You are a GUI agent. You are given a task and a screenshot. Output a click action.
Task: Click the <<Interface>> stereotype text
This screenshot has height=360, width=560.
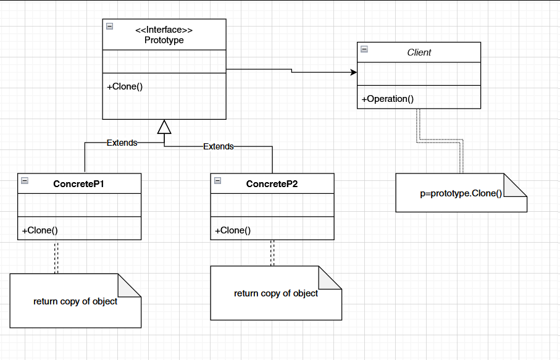(164, 30)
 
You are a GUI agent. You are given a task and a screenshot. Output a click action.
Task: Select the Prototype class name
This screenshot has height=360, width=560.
(164, 40)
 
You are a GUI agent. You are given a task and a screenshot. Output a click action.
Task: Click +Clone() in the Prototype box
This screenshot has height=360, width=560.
(125, 86)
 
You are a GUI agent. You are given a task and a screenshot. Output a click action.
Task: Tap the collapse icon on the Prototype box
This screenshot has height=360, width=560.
(109, 26)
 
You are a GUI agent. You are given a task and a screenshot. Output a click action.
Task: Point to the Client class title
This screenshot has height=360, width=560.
(419, 52)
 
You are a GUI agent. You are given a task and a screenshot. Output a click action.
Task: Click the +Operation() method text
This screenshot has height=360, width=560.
(387, 99)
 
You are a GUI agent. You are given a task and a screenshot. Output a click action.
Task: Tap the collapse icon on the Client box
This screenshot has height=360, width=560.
(364, 49)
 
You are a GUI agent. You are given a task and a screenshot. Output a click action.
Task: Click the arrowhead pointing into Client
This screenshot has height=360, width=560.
(354, 73)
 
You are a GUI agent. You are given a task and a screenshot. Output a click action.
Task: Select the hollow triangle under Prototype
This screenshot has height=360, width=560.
(164, 127)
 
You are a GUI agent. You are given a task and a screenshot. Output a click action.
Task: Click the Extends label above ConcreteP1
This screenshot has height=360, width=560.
(122, 143)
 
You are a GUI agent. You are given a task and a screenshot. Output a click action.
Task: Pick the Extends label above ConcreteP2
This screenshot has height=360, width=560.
(219, 147)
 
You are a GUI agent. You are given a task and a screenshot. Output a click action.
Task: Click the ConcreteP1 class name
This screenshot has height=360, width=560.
(80, 184)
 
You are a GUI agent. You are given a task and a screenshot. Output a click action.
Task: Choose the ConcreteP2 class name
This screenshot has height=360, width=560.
(272, 184)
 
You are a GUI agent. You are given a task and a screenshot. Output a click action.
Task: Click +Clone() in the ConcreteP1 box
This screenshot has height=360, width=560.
(40, 231)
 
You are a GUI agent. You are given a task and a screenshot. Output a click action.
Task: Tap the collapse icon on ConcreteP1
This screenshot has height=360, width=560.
(25, 180)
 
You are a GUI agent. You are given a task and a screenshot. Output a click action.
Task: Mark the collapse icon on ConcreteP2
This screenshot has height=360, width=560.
(217, 180)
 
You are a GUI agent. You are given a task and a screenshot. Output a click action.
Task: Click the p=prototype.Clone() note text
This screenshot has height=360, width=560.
(461, 193)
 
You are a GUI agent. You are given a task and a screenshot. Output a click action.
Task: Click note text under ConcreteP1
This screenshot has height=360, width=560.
(75, 301)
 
